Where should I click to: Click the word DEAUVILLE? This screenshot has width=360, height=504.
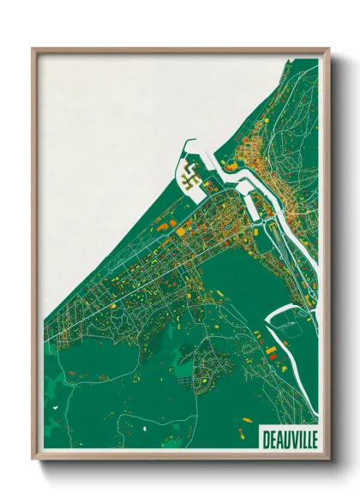coord(287,437)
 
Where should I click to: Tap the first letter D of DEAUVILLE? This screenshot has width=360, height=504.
coord(262,437)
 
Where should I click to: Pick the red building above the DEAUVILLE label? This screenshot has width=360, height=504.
coord(272,352)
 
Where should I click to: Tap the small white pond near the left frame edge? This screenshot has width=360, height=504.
coord(54,409)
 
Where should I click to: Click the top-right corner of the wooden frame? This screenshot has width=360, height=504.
coord(327,49)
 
